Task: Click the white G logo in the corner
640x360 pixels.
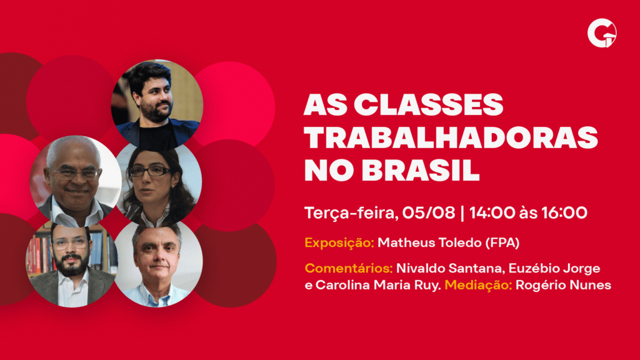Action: click(x=602, y=33)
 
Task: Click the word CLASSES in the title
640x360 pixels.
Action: click(x=428, y=105)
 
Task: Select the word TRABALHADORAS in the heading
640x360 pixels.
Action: click(x=451, y=137)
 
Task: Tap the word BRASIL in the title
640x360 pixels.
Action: click(x=421, y=170)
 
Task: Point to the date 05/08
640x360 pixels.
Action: click(x=429, y=212)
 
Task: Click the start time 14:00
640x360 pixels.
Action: click(x=492, y=212)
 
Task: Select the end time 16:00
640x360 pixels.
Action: click(x=564, y=212)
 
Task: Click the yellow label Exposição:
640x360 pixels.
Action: click(x=339, y=243)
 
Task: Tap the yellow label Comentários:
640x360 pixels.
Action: click(x=349, y=268)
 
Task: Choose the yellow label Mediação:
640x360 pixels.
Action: click(x=478, y=285)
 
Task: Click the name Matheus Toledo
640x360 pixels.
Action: click(x=429, y=242)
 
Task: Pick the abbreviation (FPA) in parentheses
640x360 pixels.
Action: click(x=502, y=243)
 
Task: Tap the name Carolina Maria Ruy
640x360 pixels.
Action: click(x=378, y=285)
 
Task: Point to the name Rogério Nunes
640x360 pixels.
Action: click(x=563, y=285)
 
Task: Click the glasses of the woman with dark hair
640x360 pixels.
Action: click(x=149, y=171)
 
